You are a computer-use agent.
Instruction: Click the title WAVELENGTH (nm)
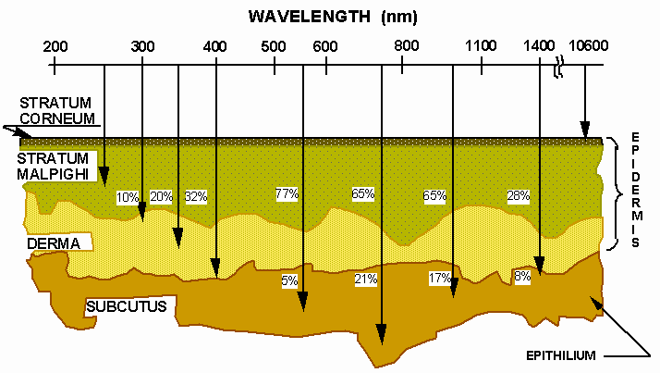(331, 17)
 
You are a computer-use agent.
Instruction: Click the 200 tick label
(55, 45)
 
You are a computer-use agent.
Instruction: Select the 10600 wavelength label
(586, 45)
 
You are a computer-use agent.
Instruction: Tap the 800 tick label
(402, 45)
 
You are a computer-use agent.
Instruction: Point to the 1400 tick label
(539, 45)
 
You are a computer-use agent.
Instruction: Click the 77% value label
(286, 193)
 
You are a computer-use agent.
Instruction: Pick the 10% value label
(128, 196)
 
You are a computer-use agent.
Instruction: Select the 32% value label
(196, 196)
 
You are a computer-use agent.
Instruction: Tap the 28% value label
(518, 195)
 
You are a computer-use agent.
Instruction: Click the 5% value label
(290, 280)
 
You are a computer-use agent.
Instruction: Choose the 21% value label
(365, 280)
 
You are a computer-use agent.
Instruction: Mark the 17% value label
(439, 279)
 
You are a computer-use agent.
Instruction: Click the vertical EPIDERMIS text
(636, 190)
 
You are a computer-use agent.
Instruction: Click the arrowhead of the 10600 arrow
(584, 134)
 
